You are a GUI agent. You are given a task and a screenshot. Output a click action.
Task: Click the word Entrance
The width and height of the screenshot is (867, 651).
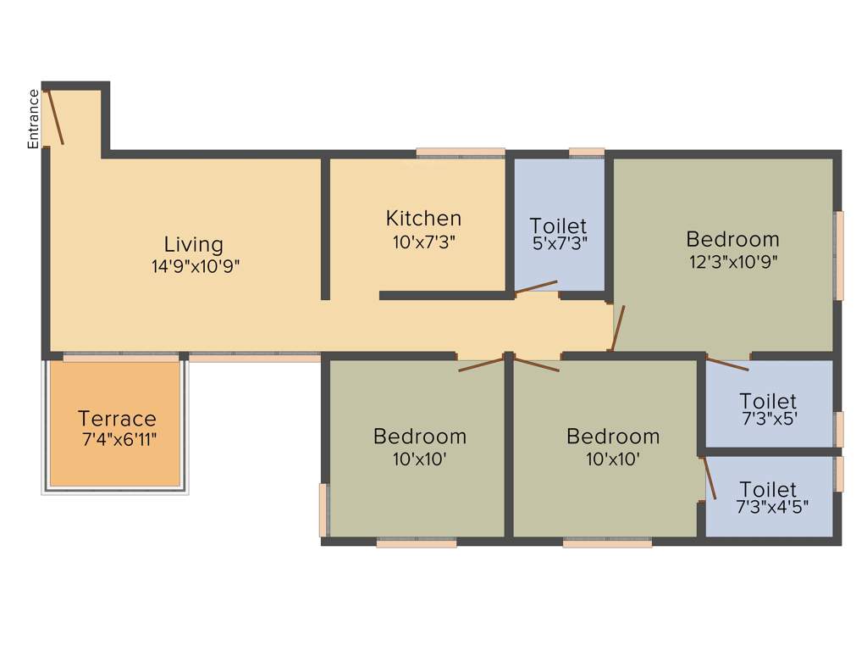34,119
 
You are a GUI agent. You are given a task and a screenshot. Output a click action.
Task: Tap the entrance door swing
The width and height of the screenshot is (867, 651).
55,117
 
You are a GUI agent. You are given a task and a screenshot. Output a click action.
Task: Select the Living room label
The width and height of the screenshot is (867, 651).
194,245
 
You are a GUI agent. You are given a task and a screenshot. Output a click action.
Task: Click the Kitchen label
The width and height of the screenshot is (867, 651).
423,219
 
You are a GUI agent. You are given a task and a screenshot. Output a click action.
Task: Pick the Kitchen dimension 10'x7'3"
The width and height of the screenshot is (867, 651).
423,242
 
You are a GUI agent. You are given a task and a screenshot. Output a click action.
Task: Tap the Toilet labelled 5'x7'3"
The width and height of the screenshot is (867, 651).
558,226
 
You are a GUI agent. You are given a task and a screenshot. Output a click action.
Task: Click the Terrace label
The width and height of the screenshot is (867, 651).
117,419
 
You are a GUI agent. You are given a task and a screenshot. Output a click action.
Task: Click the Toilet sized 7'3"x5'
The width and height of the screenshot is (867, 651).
768,401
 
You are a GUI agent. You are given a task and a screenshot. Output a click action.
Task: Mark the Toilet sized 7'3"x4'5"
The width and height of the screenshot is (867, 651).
768,490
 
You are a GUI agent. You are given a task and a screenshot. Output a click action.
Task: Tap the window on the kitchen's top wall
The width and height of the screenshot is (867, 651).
461,153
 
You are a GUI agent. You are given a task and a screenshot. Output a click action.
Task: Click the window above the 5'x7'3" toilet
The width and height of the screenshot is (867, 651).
587,153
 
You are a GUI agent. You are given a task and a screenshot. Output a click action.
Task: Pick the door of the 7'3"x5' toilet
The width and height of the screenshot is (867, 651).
727,364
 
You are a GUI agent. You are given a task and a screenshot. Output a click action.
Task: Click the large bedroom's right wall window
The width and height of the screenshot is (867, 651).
839,255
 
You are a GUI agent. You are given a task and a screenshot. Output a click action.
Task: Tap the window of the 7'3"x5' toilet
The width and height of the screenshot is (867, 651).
839,428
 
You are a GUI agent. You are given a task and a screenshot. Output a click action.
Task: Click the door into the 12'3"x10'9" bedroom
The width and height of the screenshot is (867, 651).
618,328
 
